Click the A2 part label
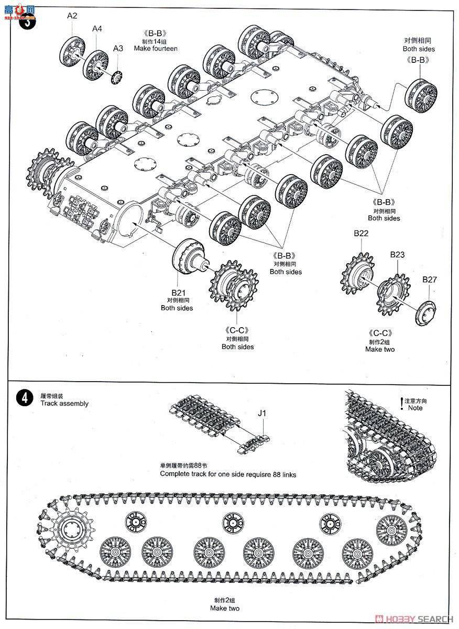coord(72,16)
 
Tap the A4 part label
coord(97,28)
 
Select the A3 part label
coord(118,48)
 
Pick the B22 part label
coord(361,234)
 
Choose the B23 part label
coord(397,254)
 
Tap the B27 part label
coord(429,279)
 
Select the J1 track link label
coord(262,413)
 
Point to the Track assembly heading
coord(64,404)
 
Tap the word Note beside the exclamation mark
coord(416,408)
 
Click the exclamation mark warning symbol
coord(402,404)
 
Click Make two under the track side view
coord(225,609)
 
